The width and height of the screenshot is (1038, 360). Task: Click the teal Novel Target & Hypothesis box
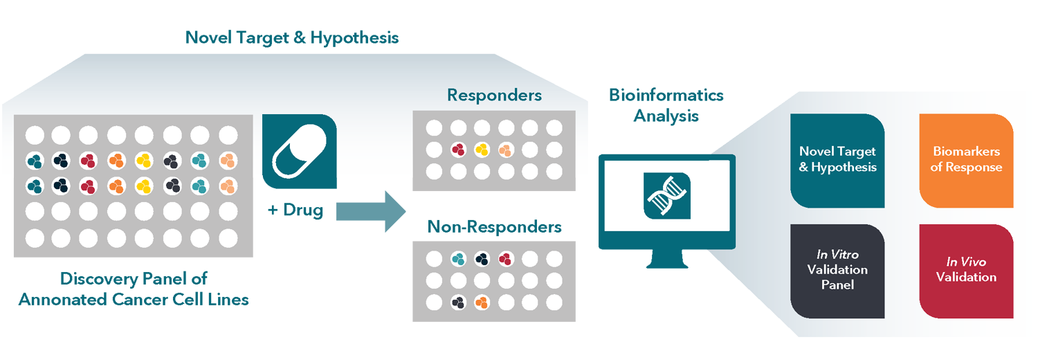837,161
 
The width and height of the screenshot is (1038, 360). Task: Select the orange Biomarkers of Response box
966,161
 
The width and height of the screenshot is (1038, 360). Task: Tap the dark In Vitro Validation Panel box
837,271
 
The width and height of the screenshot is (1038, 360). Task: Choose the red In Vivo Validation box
966,271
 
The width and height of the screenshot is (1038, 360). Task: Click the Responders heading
494,95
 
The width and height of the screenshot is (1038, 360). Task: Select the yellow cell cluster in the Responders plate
482,149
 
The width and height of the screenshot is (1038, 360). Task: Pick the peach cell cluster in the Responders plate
506,149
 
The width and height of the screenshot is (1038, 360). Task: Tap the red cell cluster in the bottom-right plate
506,260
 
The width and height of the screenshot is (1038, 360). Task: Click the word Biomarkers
966,152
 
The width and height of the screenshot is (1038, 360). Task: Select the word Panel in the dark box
837,285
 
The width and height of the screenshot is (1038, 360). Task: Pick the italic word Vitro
846,255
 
